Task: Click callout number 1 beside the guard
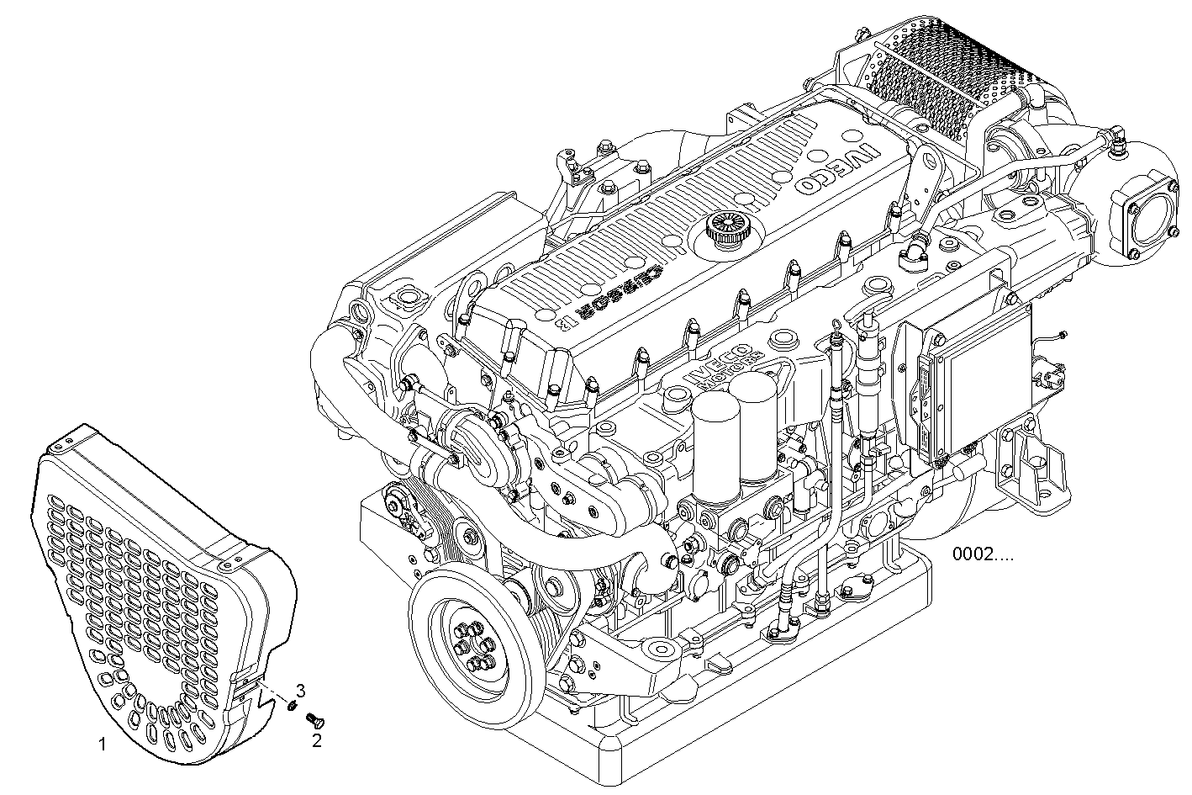[x=103, y=744]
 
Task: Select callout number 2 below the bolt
[x=317, y=741]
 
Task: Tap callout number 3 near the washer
[x=300, y=691]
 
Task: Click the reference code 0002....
[x=983, y=554]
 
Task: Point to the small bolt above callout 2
[x=317, y=720]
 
